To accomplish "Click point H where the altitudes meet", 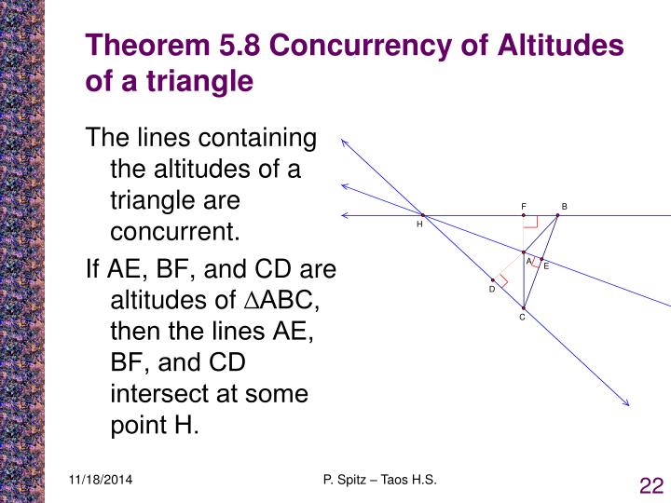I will tap(422, 215).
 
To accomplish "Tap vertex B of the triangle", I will tap(557, 215).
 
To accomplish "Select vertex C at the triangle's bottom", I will tap(524, 307).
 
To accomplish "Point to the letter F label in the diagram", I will tap(524, 206).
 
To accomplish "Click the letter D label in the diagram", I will tap(492, 290).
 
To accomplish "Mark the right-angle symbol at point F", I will tap(530, 222).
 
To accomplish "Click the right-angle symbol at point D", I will tap(501, 279).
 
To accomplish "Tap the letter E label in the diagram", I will tap(546, 267).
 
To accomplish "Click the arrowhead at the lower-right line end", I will tap(627, 403).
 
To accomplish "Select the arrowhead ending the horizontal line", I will tap(345, 215).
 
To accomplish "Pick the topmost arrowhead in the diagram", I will tap(345, 142).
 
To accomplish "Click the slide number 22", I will tap(650, 485).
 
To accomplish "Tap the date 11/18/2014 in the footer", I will tap(100, 480).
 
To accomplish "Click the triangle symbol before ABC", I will tap(248, 301).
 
